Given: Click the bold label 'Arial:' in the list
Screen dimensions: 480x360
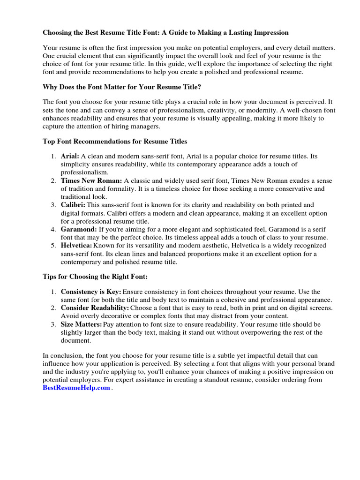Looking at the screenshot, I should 70,156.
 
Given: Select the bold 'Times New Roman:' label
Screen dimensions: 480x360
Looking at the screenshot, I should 91,180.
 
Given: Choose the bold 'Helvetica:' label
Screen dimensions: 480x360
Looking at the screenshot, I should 76,246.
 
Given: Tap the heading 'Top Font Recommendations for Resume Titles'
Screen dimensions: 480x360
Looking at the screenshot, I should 115,141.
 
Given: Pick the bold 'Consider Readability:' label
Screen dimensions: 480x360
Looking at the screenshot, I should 95,307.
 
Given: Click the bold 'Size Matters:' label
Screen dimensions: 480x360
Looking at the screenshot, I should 81,324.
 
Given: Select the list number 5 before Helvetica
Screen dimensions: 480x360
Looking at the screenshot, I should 54,246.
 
